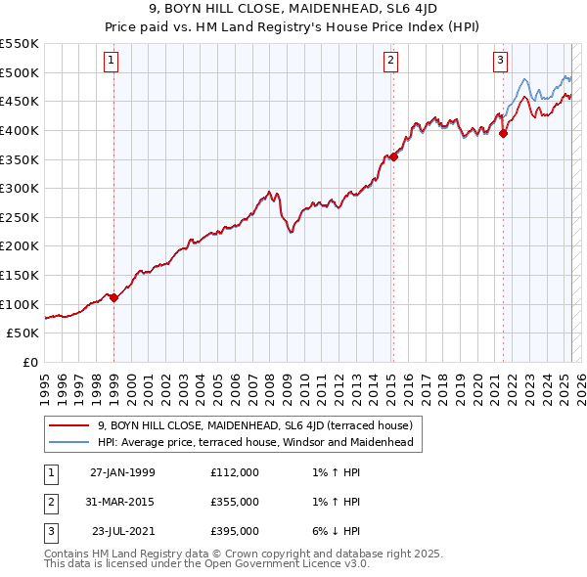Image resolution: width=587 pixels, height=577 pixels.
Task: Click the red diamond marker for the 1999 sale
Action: tap(113, 297)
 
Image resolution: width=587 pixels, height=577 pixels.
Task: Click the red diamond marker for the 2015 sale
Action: tap(393, 156)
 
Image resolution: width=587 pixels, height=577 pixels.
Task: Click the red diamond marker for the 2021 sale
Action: tap(503, 134)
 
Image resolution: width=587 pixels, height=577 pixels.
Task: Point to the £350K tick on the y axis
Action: tap(20, 158)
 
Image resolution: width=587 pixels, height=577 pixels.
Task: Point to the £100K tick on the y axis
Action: tap(20, 304)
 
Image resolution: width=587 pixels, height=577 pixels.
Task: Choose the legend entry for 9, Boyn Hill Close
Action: tap(255, 425)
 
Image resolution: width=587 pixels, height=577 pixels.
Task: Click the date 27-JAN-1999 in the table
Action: tap(122, 472)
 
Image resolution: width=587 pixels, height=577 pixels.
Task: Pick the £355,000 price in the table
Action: tap(234, 502)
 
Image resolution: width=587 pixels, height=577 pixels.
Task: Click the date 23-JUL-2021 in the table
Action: tap(122, 531)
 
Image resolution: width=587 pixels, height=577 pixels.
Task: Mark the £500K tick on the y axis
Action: tap(20, 71)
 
